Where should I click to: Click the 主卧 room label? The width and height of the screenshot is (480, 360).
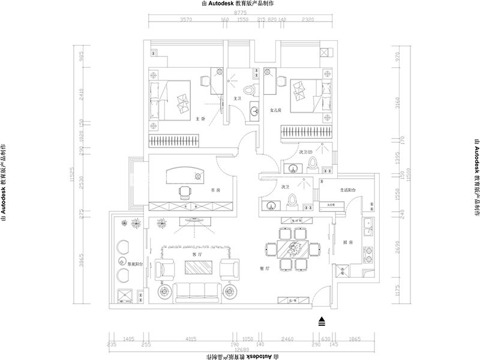pos(201,118)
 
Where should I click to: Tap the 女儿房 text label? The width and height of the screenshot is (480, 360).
pos(277,110)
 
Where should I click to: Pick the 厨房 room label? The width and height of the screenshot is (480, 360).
pos(346,242)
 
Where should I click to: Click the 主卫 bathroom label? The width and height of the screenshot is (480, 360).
pos(236,98)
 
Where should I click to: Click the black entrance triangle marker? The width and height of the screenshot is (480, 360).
pos(322,321)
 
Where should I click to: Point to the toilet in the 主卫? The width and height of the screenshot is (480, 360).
pos(255,88)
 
